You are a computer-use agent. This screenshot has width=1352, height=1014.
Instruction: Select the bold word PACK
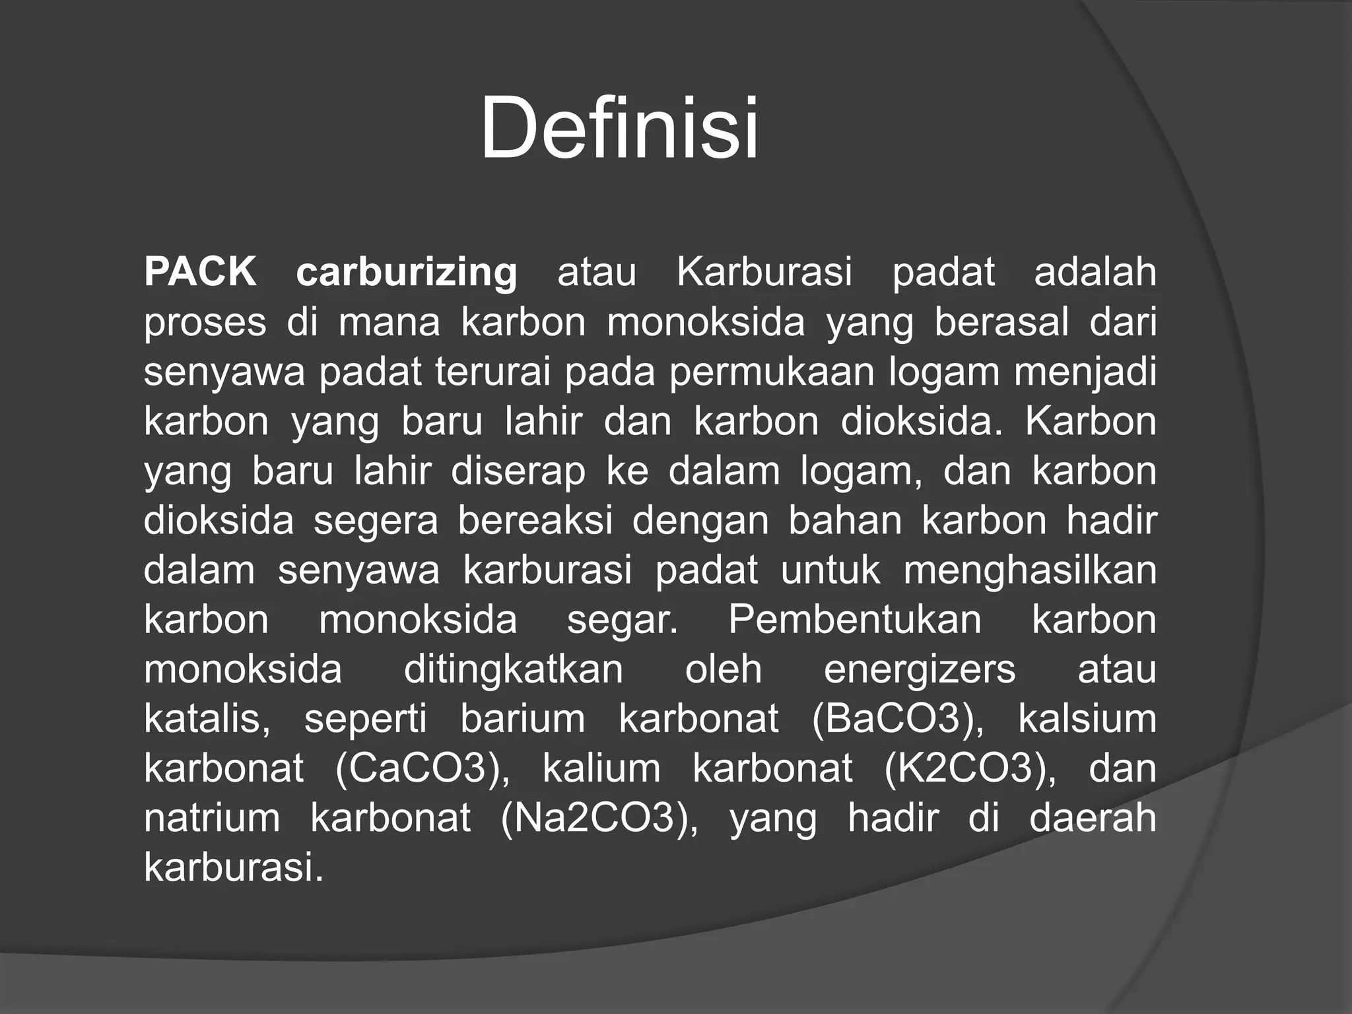click(x=200, y=272)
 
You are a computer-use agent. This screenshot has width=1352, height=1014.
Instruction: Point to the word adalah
click(x=1095, y=272)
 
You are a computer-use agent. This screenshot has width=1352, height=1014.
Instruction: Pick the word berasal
click(x=1001, y=322)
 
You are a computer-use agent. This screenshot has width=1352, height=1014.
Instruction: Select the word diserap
click(x=518, y=472)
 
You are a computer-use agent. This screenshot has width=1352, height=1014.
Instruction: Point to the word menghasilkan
click(x=1030, y=570)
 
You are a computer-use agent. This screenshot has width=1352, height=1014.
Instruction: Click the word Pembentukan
click(x=855, y=619)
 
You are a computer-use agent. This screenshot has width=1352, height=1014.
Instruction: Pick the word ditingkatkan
click(x=513, y=669)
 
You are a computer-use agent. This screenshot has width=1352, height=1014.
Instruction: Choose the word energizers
click(x=920, y=670)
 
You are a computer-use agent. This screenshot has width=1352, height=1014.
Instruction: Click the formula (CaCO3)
click(x=422, y=768)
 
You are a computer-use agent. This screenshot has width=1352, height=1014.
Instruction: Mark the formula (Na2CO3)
click(x=599, y=818)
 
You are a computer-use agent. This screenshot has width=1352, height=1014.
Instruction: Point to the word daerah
click(x=1093, y=817)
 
